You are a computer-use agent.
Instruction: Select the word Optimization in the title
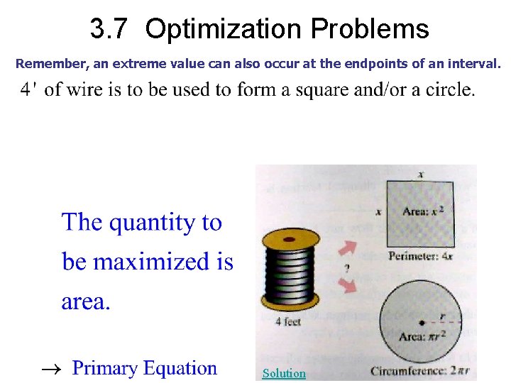point(224,30)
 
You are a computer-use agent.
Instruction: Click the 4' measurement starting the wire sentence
point(28,91)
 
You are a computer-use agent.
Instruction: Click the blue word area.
point(84,302)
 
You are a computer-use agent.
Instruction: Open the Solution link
point(284,373)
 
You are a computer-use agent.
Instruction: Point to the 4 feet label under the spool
point(288,321)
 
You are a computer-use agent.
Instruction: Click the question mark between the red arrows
point(346,269)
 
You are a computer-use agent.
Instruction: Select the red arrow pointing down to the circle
point(348,285)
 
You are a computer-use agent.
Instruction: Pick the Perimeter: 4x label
point(420,256)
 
